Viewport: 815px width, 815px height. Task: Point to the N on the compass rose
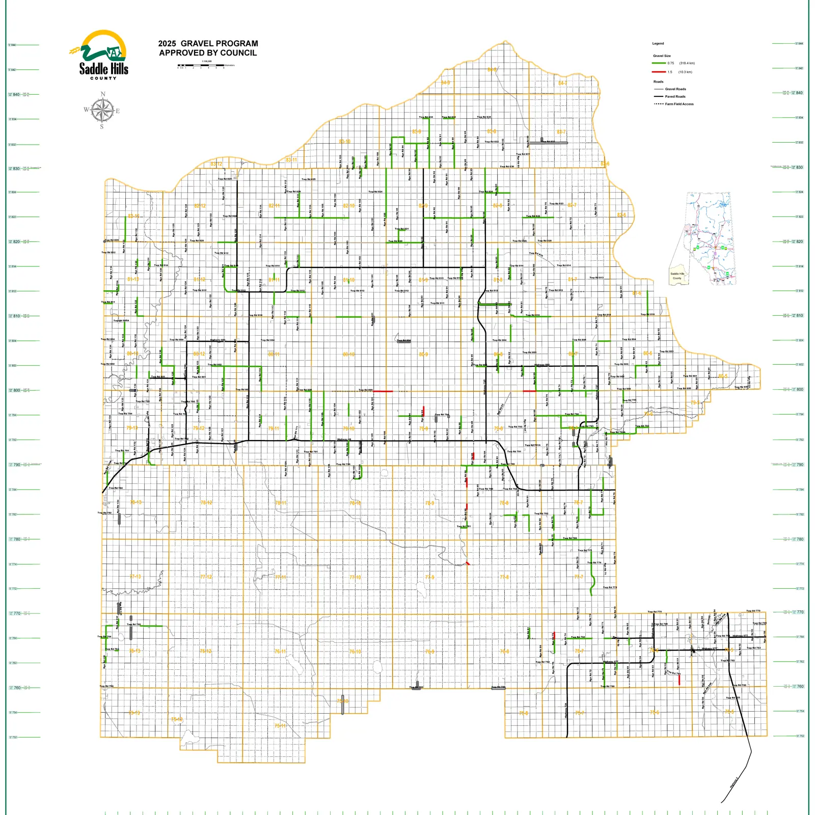point(103,94)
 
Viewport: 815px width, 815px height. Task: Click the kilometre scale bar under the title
point(201,65)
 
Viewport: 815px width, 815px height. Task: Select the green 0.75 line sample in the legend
point(659,63)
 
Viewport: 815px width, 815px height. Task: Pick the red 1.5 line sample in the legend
point(659,72)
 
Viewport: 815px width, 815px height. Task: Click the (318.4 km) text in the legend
point(687,63)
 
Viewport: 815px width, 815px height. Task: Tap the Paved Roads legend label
point(675,96)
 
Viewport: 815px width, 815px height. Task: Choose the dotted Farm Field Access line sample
point(659,104)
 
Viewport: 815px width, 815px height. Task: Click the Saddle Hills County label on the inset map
point(677,276)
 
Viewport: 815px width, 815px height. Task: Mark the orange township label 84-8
point(492,70)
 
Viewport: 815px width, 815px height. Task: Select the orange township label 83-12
point(216,164)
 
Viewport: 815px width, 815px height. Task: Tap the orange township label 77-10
point(355,577)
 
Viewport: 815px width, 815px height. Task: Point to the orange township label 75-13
point(134,713)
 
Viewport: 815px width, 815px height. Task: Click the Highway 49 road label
point(344,439)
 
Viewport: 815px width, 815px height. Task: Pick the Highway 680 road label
point(542,365)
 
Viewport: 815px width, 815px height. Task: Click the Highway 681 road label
point(218,340)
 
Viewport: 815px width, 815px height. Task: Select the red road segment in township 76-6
point(679,680)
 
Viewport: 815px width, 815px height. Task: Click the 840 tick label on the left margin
point(16,94)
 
